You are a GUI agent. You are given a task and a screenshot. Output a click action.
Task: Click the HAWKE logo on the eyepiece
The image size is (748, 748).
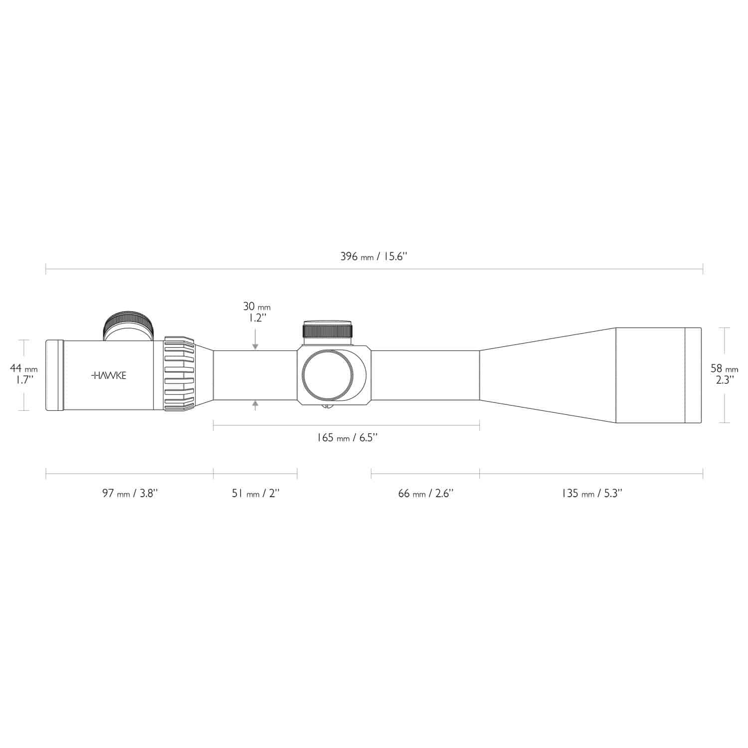click(x=109, y=375)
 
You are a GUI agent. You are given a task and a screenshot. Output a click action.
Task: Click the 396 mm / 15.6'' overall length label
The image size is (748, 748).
click(x=374, y=257)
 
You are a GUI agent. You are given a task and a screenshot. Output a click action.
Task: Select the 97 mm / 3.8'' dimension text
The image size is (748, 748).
click(x=130, y=494)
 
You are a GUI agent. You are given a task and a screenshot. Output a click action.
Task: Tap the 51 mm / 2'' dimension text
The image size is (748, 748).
click(x=255, y=494)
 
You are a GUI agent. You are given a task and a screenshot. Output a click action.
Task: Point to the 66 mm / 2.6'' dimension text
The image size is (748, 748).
click(x=425, y=494)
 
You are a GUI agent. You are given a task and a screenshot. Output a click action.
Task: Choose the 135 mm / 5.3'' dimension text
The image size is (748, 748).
click(x=591, y=494)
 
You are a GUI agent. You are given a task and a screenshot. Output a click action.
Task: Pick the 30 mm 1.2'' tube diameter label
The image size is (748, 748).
click(x=256, y=312)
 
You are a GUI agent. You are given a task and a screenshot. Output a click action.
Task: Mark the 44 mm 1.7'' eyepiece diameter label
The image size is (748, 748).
click(x=23, y=374)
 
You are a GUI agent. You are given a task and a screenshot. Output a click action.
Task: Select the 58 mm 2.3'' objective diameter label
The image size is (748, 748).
click(x=724, y=374)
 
